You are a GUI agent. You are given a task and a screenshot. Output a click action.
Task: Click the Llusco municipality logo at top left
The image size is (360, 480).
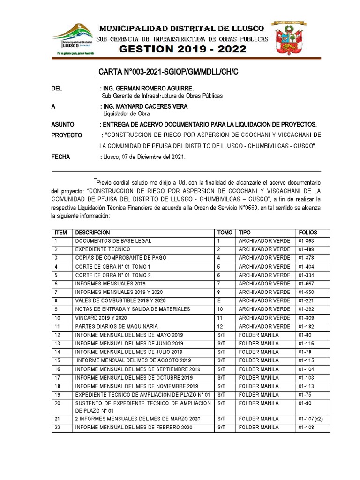point(73,40)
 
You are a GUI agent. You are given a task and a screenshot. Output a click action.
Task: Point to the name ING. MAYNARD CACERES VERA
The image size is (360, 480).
point(145,106)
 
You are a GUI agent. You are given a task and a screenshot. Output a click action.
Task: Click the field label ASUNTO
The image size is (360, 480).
point(63,124)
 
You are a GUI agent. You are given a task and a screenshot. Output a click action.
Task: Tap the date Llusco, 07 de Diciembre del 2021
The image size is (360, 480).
point(144,157)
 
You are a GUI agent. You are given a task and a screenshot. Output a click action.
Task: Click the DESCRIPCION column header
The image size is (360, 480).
point(92,232)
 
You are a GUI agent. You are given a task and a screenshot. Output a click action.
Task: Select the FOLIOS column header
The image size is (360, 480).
point(307,232)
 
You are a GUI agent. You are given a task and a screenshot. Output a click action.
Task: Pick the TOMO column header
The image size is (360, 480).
point(225,232)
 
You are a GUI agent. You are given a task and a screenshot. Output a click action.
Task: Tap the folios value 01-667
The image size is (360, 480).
point(307,284)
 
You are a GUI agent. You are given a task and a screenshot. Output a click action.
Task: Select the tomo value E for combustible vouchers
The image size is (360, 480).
point(219,300)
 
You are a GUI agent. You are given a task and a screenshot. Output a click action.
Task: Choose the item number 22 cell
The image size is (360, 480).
point(58,427)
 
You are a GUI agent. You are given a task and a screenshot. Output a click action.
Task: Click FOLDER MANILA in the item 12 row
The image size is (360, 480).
point(258,335)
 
